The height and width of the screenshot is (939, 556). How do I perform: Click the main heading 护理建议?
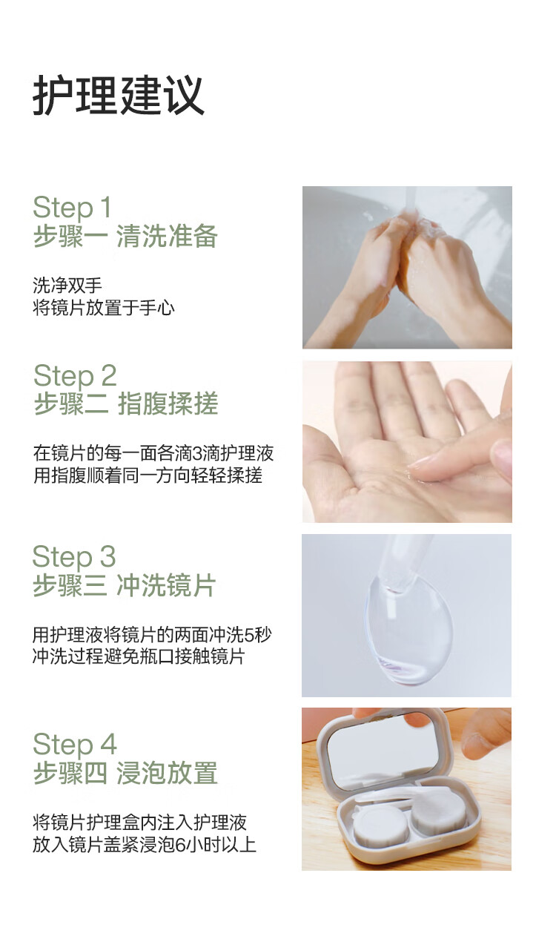tap(119, 95)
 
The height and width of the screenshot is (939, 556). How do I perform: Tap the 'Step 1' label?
tap(72, 207)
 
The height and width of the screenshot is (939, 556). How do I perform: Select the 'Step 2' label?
tap(75, 375)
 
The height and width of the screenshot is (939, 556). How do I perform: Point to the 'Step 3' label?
tap(74, 557)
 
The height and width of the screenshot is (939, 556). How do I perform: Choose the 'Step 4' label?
tap(75, 745)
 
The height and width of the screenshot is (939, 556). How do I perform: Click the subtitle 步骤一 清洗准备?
tap(125, 236)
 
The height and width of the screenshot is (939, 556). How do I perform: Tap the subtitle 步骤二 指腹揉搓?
tap(126, 403)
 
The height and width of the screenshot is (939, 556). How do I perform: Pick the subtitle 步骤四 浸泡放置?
tap(125, 773)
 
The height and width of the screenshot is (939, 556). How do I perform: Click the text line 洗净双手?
tap(67, 286)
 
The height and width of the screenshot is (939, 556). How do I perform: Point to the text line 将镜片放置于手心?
tap(104, 308)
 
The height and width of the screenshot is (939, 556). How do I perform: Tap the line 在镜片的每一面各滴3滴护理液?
tap(153, 452)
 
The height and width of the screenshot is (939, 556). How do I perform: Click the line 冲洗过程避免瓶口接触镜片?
tap(139, 656)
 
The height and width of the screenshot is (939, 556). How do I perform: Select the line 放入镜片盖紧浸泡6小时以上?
tap(145, 844)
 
